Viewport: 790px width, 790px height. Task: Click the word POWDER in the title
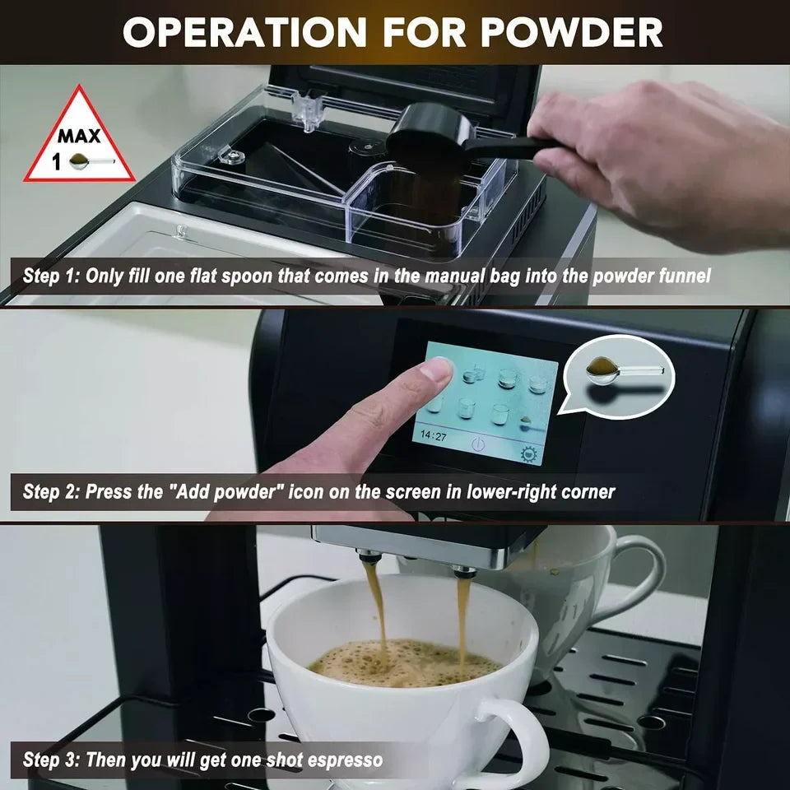click(x=573, y=32)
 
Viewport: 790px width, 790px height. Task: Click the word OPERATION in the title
click(x=244, y=32)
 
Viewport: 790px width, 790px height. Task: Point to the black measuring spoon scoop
click(x=428, y=134)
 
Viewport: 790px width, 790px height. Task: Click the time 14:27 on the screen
click(x=434, y=436)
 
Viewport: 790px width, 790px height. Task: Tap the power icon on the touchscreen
click(x=479, y=444)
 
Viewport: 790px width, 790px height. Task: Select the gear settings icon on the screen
click(x=527, y=453)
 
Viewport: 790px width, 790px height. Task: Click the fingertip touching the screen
click(x=434, y=370)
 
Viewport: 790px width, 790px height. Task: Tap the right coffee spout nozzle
click(x=464, y=570)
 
